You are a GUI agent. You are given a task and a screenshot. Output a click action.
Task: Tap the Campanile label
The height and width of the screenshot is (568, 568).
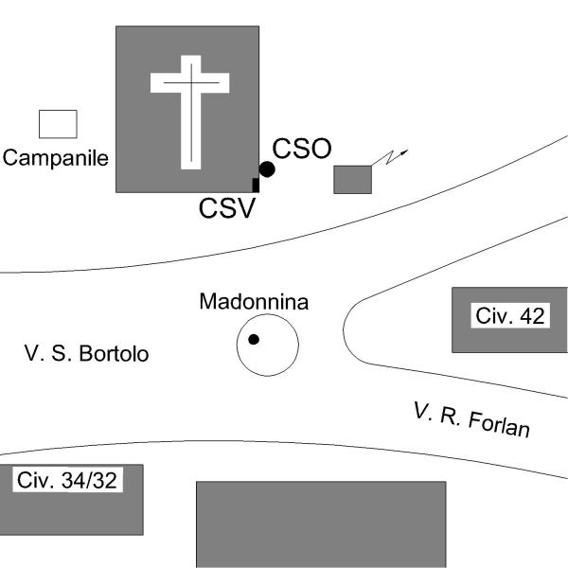coord(55,158)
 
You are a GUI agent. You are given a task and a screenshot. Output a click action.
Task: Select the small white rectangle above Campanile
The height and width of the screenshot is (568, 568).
coord(57,124)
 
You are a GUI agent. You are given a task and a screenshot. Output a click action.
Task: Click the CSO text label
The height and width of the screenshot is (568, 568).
coord(302,149)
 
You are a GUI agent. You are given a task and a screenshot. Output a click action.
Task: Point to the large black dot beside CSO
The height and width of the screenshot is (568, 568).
coord(267,169)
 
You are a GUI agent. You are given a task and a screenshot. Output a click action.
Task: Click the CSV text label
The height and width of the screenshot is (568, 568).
coord(227,208)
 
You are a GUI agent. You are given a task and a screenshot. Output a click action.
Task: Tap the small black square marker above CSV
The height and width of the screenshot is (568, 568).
coord(256,185)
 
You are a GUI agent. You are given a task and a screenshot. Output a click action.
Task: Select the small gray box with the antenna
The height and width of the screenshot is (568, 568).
coord(352,179)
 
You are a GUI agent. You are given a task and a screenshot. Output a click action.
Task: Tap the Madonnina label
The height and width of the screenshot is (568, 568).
coord(254,302)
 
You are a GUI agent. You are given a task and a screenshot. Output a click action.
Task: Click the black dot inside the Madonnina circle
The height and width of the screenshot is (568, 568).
coord(254,339)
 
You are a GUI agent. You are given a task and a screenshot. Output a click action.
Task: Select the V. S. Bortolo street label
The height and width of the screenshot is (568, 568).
coord(86,354)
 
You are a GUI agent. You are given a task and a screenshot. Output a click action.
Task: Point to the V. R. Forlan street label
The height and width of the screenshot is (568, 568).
coord(471,419)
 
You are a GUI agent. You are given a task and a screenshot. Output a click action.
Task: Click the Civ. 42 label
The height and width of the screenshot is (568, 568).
coord(510,316)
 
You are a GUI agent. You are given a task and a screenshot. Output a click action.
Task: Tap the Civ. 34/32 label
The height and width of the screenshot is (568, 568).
coord(66,480)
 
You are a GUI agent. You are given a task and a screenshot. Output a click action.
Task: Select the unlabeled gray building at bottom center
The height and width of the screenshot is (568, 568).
coord(320,523)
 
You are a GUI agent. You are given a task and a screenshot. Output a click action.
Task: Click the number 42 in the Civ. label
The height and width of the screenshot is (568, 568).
coord(532,316)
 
